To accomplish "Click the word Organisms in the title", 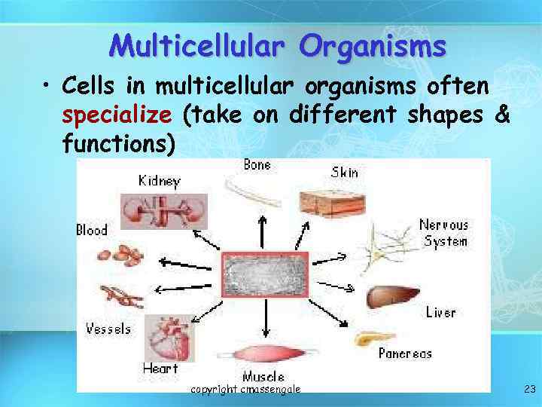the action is point(372,47).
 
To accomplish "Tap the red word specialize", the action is point(118,115).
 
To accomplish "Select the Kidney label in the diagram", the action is point(159,181).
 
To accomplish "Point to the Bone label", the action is point(257,165).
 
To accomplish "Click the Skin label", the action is point(345,173).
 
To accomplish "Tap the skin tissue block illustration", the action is point(330,201).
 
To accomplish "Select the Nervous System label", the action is point(444,233).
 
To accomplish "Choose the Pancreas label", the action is point(405,353).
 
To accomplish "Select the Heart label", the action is point(160,369).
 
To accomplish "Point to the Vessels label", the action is point(108,329).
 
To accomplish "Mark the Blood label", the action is point(92,230).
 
